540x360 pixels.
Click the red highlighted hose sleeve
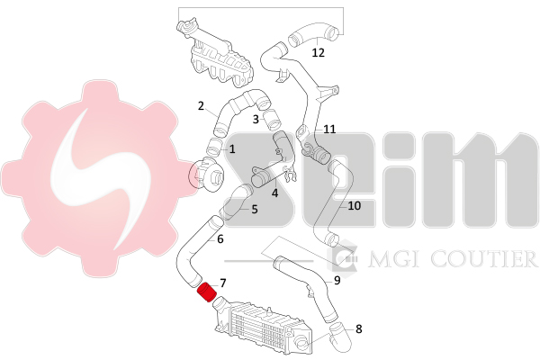coord(206,292)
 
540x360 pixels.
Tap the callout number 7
coord(223,283)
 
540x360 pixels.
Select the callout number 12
coord(319,53)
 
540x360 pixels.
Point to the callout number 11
coord(329,130)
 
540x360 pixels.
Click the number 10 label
coord(354,206)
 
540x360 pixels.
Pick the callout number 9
coord(337,281)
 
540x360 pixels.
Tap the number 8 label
coord(359,329)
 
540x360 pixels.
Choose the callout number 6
coord(220,238)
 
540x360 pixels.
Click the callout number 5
coord(255,209)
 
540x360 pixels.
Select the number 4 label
coord(274,193)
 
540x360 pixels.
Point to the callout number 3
coord(256,119)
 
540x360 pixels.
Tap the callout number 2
coord(201,106)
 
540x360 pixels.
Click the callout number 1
coord(232,149)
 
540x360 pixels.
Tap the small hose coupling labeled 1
coord(215,147)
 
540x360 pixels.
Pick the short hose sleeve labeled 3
coord(272,118)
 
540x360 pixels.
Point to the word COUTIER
coord(484,258)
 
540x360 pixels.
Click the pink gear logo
coord(100,177)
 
